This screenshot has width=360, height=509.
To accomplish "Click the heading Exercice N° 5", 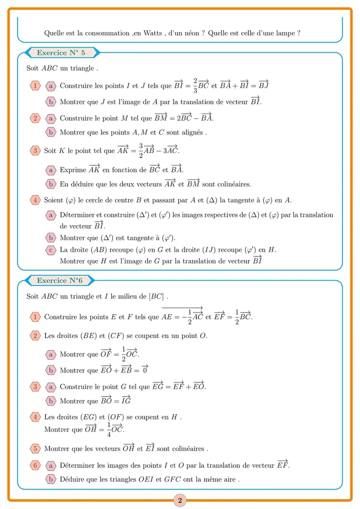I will [61, 52].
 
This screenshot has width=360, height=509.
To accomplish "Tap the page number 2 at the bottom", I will [180, 499].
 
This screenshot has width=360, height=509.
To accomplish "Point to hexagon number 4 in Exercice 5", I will [35, 200].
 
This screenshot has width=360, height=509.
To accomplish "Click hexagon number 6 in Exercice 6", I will [35, 465].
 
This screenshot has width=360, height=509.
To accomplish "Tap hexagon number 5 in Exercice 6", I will [35, 448].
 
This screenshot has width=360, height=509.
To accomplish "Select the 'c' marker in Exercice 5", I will [50, 249].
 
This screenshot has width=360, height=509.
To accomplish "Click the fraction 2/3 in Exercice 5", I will [195, 85].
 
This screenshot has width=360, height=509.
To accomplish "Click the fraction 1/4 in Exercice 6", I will [108, 428].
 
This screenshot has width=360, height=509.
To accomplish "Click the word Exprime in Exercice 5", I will [72, 170].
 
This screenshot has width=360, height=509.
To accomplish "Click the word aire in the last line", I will [229, 479].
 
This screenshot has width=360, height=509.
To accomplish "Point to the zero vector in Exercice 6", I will [145, 370].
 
